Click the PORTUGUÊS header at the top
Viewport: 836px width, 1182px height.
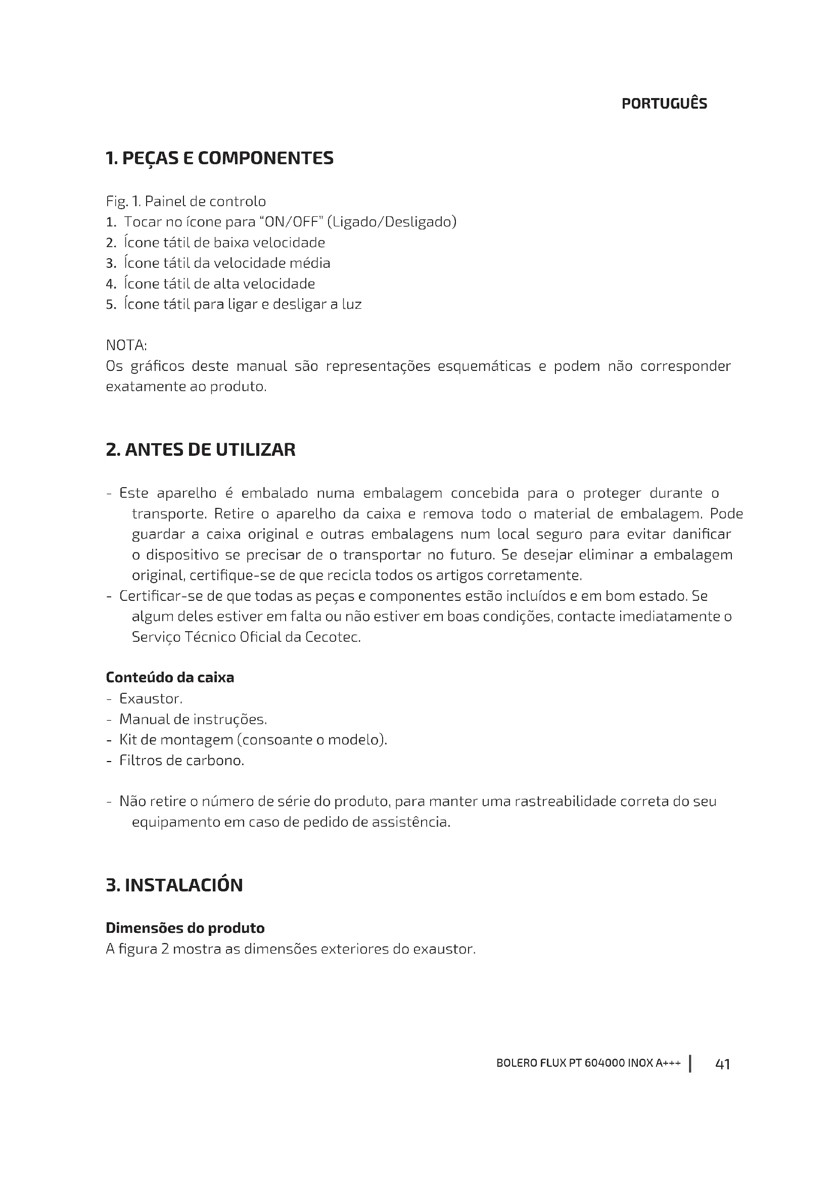coord(664,104)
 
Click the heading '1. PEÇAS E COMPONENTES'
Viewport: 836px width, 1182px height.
coord(219,158)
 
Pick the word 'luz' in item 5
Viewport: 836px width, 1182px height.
coord(352,304)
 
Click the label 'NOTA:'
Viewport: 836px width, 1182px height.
coord(126,345)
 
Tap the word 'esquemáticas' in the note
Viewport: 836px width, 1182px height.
coord(484,366)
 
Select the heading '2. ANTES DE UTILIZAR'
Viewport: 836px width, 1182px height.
coord(201,449)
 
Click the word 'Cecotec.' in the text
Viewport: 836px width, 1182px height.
coord(333,637)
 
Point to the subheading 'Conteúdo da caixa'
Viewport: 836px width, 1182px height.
coord(170,678)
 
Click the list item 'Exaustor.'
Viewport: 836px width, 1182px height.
coord(151,698)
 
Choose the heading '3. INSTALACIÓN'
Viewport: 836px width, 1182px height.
coord(174,885)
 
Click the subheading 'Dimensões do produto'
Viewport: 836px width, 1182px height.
coord(185,928)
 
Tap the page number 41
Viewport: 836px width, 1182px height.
coord(723,1064)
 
